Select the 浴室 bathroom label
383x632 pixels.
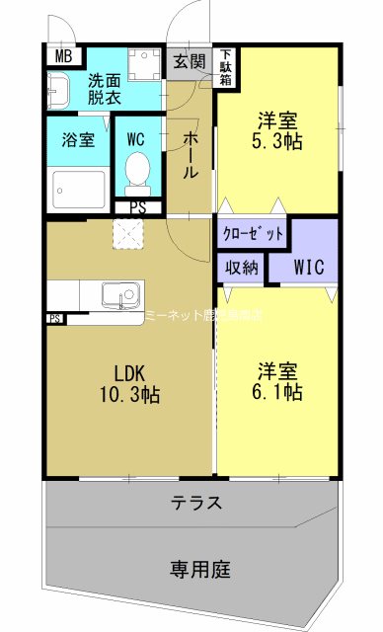pos(79,139)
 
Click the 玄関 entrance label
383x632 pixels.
pos(190,61)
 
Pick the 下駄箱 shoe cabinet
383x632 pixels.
pos(226,67)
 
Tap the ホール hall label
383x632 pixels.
pos(191,155)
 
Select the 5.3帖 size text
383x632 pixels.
pos(279,142)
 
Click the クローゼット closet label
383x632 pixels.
pos(252,234)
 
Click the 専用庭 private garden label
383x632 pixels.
pos(199,569)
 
